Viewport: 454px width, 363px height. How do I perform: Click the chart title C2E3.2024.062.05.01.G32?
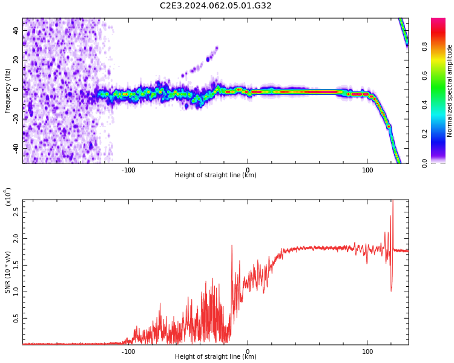[x=215, y=5]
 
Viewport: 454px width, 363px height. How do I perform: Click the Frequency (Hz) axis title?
[x=7, y=91]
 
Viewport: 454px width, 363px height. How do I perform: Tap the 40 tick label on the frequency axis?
[x=16, y=30]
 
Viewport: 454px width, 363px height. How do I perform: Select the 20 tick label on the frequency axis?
[x=16, y=60]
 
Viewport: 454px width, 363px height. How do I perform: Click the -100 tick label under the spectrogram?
[x=128, y=170]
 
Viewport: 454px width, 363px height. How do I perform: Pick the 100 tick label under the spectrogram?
[x=367, y=170]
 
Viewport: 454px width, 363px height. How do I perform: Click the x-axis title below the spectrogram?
[x=215, y=175]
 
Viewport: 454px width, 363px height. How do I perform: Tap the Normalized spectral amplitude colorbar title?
[x=449, y=91]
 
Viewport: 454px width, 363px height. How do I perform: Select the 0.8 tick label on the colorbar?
[x=424, y=47]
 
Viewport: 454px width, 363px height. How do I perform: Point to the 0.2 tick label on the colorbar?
[x=424, y=134]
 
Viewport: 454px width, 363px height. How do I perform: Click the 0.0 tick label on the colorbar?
[x=424, y=163]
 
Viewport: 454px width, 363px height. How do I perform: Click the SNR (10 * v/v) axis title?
[x=7, y=272]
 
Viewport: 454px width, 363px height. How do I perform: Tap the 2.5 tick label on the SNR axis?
[x=16, y=212]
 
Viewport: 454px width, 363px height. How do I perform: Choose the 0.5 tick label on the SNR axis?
[x=16, y=318]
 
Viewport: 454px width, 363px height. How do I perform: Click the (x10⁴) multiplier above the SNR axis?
[x=8, y=197]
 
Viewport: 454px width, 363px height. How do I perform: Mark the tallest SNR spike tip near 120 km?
[x=393, y=200]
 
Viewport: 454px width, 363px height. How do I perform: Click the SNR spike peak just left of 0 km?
[x=232, y=246]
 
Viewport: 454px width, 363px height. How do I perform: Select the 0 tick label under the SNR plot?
[x=248, y=352]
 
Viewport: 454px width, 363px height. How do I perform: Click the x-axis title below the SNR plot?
[x=215, y=356]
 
